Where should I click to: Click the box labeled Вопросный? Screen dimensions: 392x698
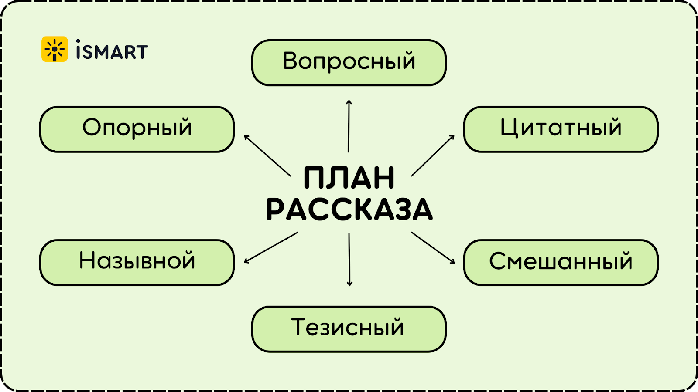[349, 63]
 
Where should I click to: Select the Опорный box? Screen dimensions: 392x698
[137, 129]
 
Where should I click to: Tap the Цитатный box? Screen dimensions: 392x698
[561, 129]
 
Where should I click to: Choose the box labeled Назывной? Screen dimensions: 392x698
[137, 262]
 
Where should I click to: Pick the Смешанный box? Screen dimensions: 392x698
[561, 262]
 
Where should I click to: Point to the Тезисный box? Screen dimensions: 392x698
[349, 329]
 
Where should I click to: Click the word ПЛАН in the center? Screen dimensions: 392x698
[349, 178]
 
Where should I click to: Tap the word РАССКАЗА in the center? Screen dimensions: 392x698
[349, 210]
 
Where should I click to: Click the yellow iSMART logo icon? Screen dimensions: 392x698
[55, 49]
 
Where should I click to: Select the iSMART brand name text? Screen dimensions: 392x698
[112, 50]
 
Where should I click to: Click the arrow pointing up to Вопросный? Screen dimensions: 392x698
[349, 126]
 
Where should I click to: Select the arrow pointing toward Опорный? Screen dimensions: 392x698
[267, 155]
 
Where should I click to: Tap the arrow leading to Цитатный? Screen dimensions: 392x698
[433, 155]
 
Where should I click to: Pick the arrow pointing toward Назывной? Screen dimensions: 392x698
[270, 248]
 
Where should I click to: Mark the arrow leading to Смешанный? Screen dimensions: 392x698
[433, 247]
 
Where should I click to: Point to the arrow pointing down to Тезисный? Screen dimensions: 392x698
[349, 259]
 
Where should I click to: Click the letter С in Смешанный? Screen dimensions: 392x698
[498, 261]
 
